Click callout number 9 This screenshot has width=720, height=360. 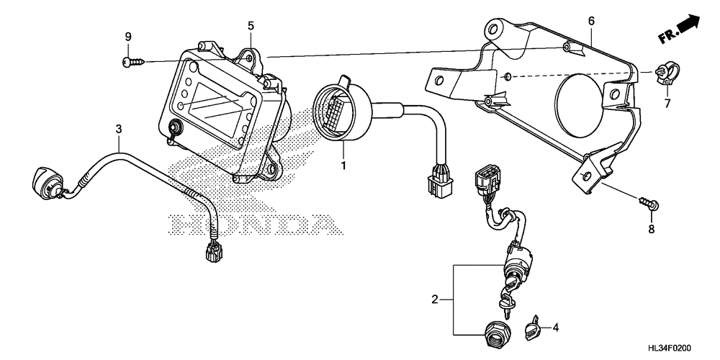click(128, 37)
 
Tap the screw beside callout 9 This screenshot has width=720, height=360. click(132, 63)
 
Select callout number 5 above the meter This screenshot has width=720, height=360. click(251, 26)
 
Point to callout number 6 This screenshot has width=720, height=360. click(591, 21)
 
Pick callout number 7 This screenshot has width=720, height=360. click(666, 104)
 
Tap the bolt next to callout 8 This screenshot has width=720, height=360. click(648, 203)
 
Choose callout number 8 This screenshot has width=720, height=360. click(651, 230)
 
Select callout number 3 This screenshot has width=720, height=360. click(119, 129)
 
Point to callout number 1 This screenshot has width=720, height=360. click(343, 166)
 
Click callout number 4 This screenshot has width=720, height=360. click(556, 328)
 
